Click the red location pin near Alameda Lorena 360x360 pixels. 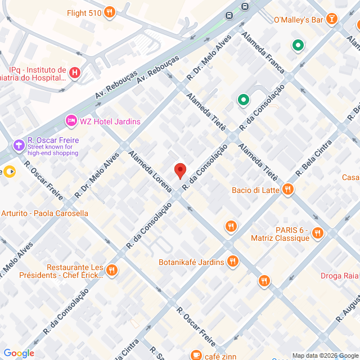180,170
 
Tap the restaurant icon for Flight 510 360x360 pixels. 110,12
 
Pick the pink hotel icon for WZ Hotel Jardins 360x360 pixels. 71,121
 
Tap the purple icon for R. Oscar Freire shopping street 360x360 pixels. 20,146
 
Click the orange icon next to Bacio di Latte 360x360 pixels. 288,190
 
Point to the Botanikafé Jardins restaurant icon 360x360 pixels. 233,262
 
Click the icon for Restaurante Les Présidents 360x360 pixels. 112,271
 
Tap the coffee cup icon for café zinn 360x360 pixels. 196,354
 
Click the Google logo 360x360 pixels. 19,353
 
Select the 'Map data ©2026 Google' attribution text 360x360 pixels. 325,355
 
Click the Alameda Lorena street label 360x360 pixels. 150,172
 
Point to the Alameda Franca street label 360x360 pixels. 263,53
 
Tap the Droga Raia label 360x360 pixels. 340,276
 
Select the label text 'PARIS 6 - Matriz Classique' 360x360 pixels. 292,233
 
